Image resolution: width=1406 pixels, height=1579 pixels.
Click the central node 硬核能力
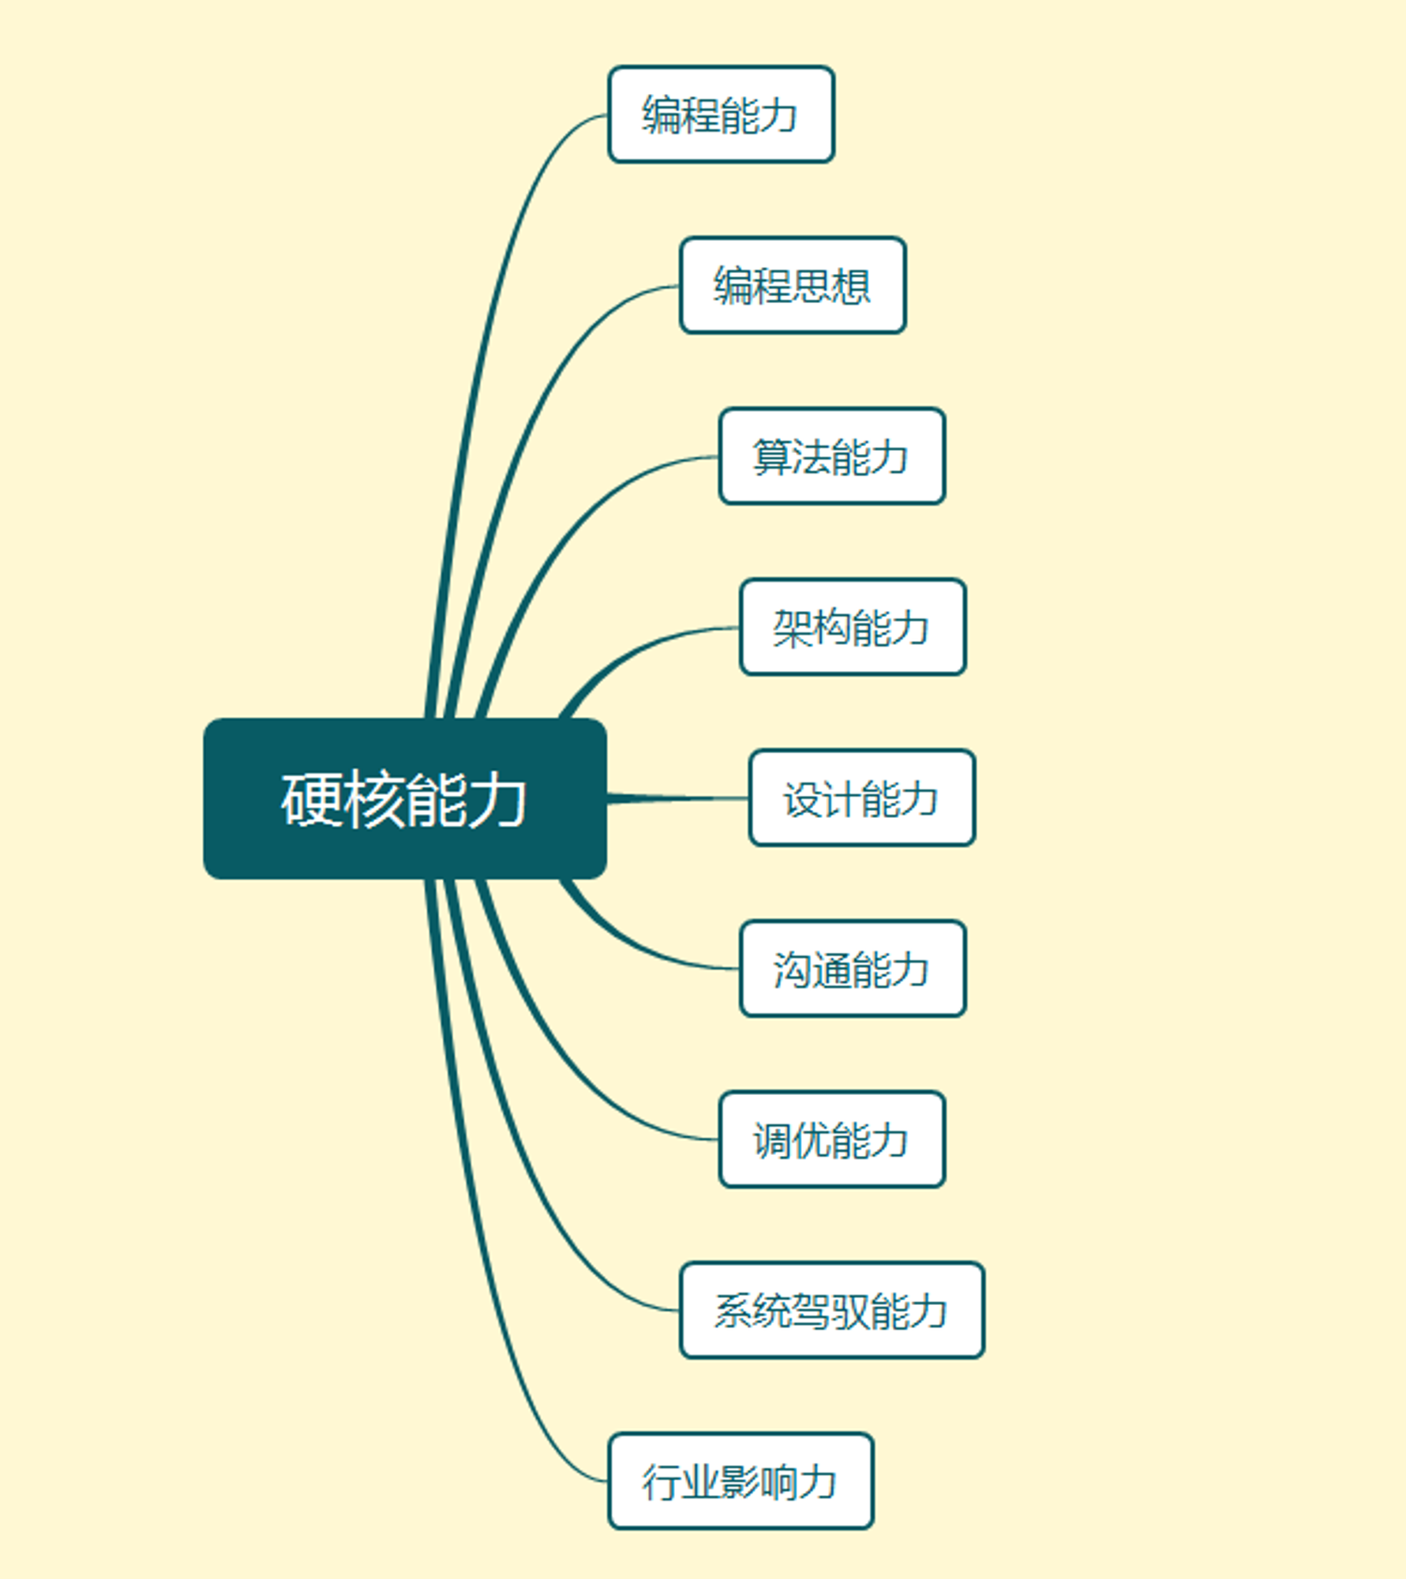coord(405,798)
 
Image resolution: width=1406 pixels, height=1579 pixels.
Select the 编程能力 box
coord(721,114)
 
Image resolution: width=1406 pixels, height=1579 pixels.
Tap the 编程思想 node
coord(793,285)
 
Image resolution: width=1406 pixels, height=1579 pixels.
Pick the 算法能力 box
coord(832,456)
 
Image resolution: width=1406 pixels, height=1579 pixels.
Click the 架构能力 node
coord(853,627)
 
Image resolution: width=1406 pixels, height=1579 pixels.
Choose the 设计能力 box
coord(862,797)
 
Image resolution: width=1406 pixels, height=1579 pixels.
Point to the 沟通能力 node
coord(853,969)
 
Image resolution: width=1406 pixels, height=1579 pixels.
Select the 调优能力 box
coord(832,1139)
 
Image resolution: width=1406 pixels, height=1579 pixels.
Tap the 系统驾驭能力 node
coord(832,1311)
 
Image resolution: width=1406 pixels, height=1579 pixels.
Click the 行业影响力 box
coord(740,1481)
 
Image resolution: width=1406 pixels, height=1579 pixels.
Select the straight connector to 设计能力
coord(678,798)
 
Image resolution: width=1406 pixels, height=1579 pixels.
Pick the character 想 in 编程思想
coord(851,285)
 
